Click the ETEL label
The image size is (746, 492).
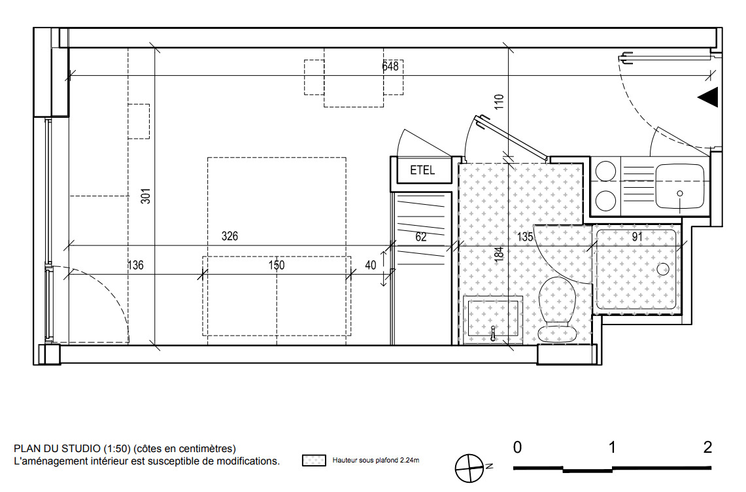tap(422, 170)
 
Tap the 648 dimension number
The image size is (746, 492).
tap(390, 66)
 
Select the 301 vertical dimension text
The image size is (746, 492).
tap(146, 196)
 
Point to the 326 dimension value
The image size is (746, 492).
tap(229, 236)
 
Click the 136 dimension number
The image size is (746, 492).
tap(135, 265)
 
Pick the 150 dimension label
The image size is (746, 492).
tap(277, 265)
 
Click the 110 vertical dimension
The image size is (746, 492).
tap(499, 102)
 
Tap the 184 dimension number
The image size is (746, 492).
tap(499, 253)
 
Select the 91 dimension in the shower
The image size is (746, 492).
tap(637, 237)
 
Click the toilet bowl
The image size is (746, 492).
tap(556, 309)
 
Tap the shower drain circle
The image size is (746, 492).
tap(663, 269)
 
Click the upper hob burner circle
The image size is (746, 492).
tap(605, 171)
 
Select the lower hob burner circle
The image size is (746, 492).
tap(605, 200)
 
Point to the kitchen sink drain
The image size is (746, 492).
tap(680, 194)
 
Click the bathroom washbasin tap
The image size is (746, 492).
tap(494, 333)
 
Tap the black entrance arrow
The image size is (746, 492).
tap(708, 97)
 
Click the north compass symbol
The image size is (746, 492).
tap(469, 468)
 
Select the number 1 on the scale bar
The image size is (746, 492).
tap(612, 448)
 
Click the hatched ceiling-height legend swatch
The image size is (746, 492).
tap(314, 461)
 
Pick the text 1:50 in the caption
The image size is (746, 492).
tap(117, 449)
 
